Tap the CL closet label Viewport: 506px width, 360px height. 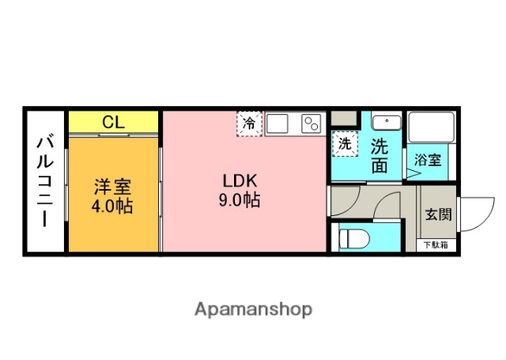(113, 122)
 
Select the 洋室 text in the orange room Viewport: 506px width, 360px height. (113, 188)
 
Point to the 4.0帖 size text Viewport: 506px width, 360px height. (113, 207)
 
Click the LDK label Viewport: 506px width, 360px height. (239, 180)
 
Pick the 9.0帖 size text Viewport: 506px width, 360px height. (239, 199)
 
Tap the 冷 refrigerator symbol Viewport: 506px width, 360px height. (249, 123)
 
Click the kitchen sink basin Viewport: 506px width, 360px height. (278, 123)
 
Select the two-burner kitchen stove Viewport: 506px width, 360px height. (311, 123)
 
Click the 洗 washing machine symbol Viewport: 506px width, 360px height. (344, 144)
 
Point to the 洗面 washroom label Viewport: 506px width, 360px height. (379, 155)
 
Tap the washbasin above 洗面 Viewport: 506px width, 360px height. (387, 123)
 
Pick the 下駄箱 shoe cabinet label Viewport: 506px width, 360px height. (436, 245)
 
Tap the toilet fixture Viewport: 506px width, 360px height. (352, 237)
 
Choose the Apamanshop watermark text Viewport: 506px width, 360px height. (253, 309)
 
